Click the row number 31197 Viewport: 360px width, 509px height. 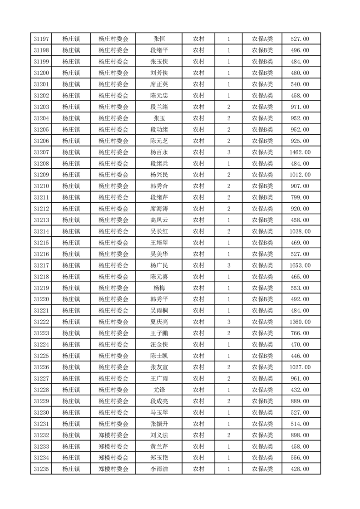pyautogui.click(x=41, y=39)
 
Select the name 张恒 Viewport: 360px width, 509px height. pyautogui.click(x=159, y=39)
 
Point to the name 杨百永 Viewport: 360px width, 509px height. pyautogui.click(x=159, y=152)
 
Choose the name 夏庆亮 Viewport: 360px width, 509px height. pyautogui.click(x=159, y=322)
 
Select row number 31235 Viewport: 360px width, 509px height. pyautogui.click(x=41, y=469)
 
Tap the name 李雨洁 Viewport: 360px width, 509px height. pyautogui.click(x=159, y=469)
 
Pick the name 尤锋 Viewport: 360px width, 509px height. pyautogui.click(x=159, y=390)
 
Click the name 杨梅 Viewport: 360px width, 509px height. pyautogui.click(x=159, y=288)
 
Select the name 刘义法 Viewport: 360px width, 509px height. pyautogui.click(x=159, y=435)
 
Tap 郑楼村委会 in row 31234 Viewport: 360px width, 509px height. pyautogui.click(x=113, y=458)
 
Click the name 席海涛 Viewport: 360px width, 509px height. pyautogui.click(x=159, y=209)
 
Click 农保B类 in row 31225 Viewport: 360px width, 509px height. pyautogui.click(x=262, y=356)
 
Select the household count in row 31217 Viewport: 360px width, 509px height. pyautogui.click(x=228, y=265)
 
